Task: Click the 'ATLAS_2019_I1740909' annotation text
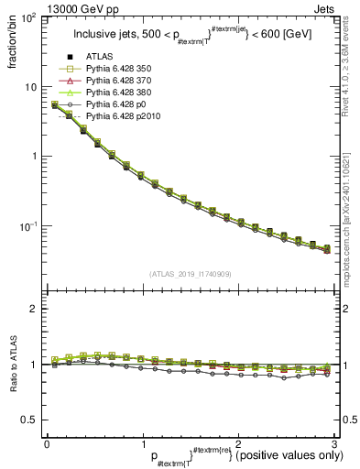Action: click(191, 273)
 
